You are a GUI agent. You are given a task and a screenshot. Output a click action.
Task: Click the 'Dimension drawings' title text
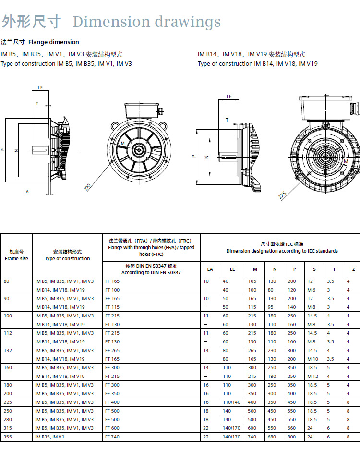click(147, 22)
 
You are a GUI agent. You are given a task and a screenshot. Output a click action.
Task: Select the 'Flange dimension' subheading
click(54, 42)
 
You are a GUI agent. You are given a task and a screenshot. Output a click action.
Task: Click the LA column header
click(210, 269)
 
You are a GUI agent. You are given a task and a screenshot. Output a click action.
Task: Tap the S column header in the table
click(314, 269)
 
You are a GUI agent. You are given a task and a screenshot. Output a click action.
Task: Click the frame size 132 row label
click(8, 351)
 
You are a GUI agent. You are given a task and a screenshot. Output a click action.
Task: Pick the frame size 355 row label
click(8, 437)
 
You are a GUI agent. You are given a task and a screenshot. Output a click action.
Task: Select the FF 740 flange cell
click(112, 437)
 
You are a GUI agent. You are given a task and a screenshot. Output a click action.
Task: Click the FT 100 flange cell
click(112, 290)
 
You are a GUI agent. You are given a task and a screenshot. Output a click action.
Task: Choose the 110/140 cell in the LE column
click(231, 402)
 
